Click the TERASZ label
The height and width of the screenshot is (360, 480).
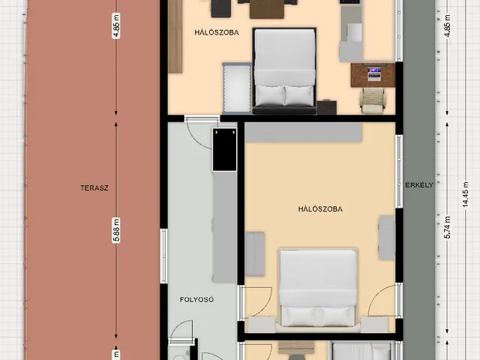(94, 188)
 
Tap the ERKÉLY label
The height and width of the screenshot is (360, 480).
(419, 185)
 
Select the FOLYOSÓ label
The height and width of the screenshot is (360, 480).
(196, 300)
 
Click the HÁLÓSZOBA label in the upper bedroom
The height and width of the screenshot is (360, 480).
(217, 32)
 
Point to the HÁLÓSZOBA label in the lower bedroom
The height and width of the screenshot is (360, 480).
(320, 209)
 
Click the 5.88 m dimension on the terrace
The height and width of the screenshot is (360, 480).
(116, 230)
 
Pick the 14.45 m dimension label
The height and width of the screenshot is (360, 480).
(466, 195)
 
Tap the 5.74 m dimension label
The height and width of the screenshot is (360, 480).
(448, 227)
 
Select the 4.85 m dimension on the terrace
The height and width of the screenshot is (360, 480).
(116, 25)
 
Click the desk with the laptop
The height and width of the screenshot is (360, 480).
(373, 75)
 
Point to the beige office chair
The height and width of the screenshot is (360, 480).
(373, 100)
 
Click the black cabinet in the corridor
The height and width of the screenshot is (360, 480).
(225, 150)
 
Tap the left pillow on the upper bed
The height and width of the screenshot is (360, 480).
(270, 95)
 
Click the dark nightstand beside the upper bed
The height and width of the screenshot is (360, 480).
(327, 107)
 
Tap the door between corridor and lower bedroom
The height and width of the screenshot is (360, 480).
(255, 301)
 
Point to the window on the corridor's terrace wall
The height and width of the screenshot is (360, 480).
(164, 256)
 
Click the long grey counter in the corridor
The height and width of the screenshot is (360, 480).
(225, 226)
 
